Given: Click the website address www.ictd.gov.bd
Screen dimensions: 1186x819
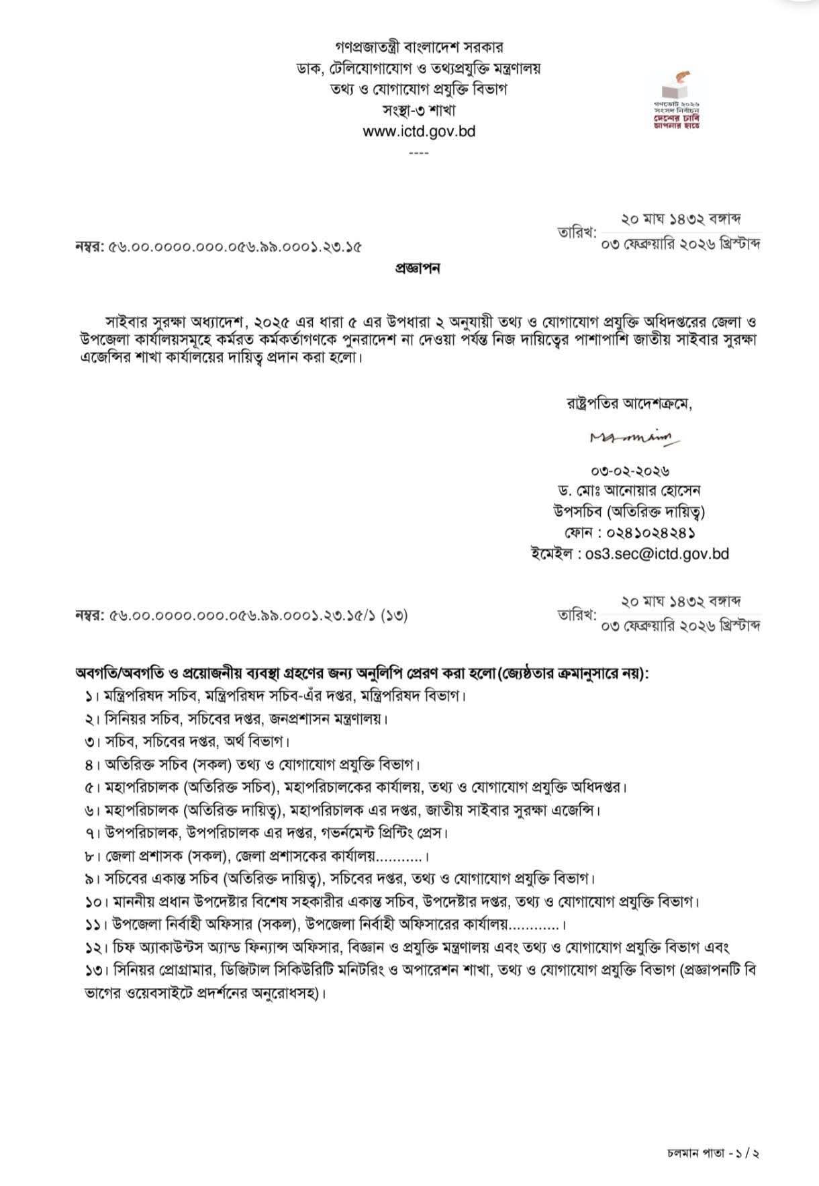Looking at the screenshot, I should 419,131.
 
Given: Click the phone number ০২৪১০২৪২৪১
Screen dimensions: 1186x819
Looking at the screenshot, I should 649,533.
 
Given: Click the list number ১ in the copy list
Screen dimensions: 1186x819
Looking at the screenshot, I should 88,696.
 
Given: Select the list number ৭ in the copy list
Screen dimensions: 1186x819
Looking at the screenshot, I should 88,833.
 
